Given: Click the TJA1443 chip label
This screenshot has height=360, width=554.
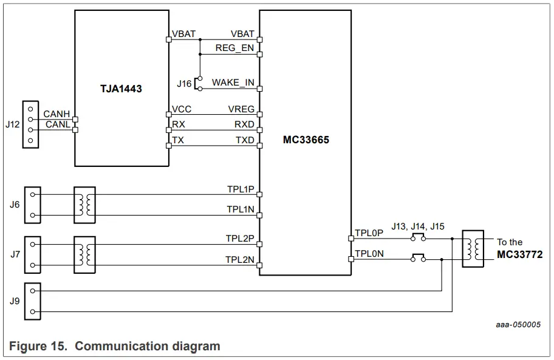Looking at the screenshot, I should tap(121, 89).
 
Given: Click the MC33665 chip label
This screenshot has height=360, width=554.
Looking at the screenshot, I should tap(306, 140).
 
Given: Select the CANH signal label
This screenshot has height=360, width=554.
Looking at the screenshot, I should tap(56, 114).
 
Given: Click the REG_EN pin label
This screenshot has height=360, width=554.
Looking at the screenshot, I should tap(234, 48).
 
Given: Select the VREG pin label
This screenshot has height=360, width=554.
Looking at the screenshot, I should tap(241, 109).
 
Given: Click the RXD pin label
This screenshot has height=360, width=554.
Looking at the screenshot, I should tap(244, 124).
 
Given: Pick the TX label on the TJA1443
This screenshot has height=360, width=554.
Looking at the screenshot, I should tap(178, 140).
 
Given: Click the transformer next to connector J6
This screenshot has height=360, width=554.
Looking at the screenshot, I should tap(84, 204).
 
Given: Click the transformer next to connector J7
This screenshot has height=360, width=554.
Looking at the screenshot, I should tap(84, 254).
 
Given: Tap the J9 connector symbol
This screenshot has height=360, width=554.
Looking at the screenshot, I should tap(32, 301).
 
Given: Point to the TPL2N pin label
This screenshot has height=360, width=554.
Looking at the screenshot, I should tap(241, 260).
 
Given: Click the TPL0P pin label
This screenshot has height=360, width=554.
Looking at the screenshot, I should tap(369, 233).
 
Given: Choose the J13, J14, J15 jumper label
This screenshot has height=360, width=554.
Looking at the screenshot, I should tap(418, 226).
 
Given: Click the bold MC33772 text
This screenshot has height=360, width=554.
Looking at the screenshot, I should tap(519, 254).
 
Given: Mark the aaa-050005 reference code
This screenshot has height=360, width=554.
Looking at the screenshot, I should tap(518, 325).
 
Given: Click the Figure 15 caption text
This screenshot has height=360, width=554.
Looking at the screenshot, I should tap(115, 346).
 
